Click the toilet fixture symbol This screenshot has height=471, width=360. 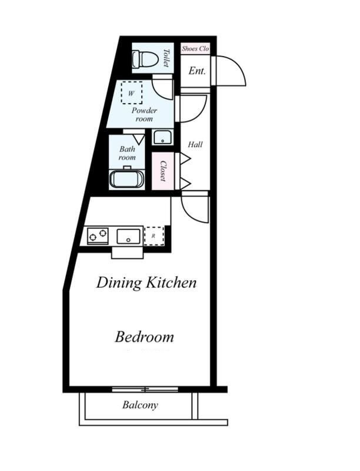coord(145,59)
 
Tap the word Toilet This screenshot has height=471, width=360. coord(166,58)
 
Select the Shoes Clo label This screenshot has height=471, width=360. coord(195,48)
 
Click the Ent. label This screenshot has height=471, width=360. coord(197,71)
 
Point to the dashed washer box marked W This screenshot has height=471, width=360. coord(131,93)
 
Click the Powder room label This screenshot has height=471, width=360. coord(144,114)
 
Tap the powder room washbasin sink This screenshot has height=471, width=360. coord(163,137)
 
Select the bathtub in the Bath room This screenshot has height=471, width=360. coord(127,179)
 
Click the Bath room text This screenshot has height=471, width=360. coord(127,153)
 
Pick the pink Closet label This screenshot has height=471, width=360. coord(163,171)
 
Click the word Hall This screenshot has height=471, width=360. coord(195,144)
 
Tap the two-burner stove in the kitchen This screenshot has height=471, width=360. coord(98,235)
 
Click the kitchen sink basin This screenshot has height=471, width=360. coord(128,236)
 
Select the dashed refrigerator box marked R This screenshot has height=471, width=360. coord(154,236)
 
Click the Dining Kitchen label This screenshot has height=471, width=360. coord(146,283)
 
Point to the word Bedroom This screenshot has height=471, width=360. coord(144,337)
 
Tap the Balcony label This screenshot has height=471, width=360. coord(140,405)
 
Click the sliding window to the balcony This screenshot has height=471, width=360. coord(145,390)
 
